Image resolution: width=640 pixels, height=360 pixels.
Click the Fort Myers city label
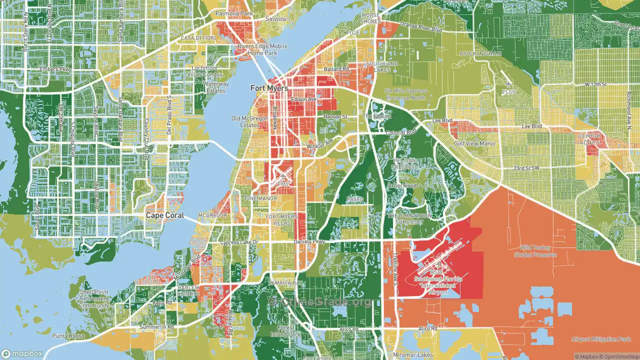click(269, 88)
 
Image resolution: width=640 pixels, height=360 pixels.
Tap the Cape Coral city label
click(164, 215)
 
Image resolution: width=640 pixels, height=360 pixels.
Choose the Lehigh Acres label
click(588, 139)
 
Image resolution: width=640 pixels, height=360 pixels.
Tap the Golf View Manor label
click(474, 143)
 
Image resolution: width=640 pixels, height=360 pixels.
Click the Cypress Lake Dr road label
click(238, 242)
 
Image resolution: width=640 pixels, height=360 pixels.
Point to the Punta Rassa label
click(66, 335)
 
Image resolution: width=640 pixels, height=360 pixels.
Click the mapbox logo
click(23, 353)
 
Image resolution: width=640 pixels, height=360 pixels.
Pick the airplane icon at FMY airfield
click(284, 175)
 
